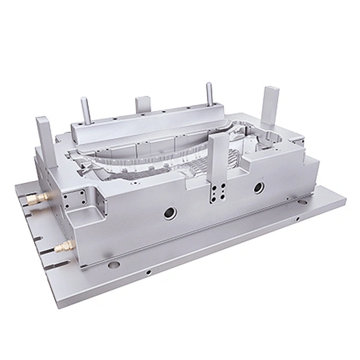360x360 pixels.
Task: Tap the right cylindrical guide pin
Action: coord(209,93)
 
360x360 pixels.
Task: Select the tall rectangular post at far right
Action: coord(270,114)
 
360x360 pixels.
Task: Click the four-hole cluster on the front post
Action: coord(215,195)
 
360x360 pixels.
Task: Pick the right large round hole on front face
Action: coord(258,188)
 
